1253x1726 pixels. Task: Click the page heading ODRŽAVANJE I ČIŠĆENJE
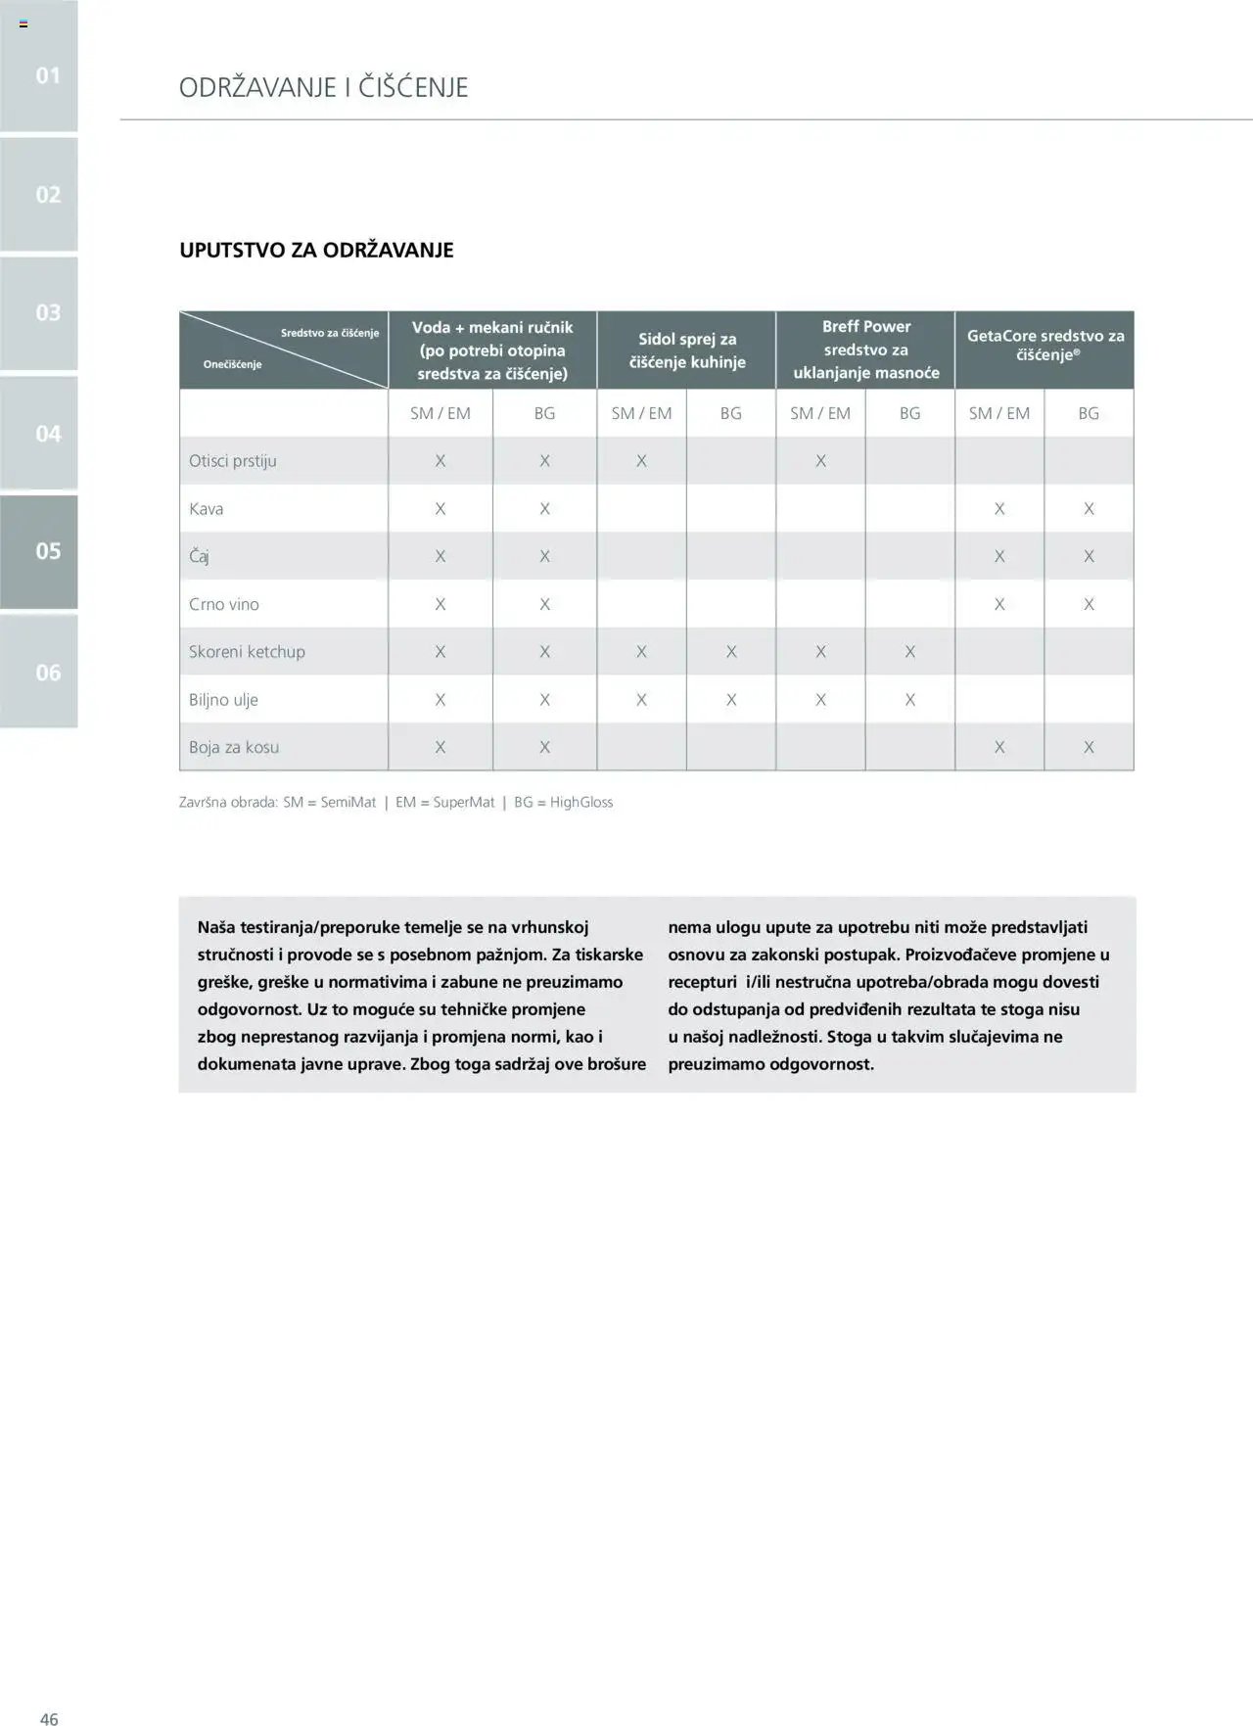(323, 87)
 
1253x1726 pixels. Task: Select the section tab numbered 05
(39, 551)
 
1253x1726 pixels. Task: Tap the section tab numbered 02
(39, 194)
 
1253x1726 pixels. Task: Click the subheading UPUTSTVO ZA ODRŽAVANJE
(316, 250)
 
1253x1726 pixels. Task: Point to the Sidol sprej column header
(686, 350)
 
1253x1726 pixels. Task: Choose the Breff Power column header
(865, 350)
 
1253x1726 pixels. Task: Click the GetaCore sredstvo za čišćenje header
(1044, 345)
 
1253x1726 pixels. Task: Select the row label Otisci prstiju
(233, 461)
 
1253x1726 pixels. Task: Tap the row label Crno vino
(224, 604)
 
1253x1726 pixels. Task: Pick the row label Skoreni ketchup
(247, 652)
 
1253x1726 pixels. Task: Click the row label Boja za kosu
(234, 747)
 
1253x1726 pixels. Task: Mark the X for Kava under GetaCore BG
(1089, 509)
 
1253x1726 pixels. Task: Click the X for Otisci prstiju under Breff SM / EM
(820, 461)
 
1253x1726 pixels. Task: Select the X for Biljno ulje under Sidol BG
(731, 700)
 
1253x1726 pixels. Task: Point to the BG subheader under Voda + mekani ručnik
(544, 413)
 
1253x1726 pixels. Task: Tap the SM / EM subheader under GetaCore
(999, 413)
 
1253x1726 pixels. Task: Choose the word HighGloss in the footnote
(581, 802)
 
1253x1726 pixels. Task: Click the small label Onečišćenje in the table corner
(232, 364)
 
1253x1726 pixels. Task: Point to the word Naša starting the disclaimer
(216, 927)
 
